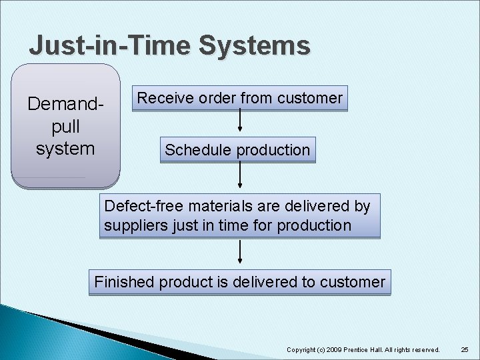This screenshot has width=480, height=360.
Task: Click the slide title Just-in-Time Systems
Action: coord(169,45)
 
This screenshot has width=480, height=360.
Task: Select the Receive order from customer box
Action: coord(239,99)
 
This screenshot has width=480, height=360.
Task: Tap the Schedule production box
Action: coord(237,150)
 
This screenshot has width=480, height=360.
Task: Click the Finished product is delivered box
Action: coord(239,282)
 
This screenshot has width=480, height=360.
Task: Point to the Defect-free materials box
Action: coord(239,216)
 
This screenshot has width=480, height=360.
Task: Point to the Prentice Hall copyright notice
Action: coord(363,349)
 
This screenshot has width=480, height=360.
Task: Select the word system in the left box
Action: coord(65,148)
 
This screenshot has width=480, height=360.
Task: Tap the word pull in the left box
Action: coord(65,126)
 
